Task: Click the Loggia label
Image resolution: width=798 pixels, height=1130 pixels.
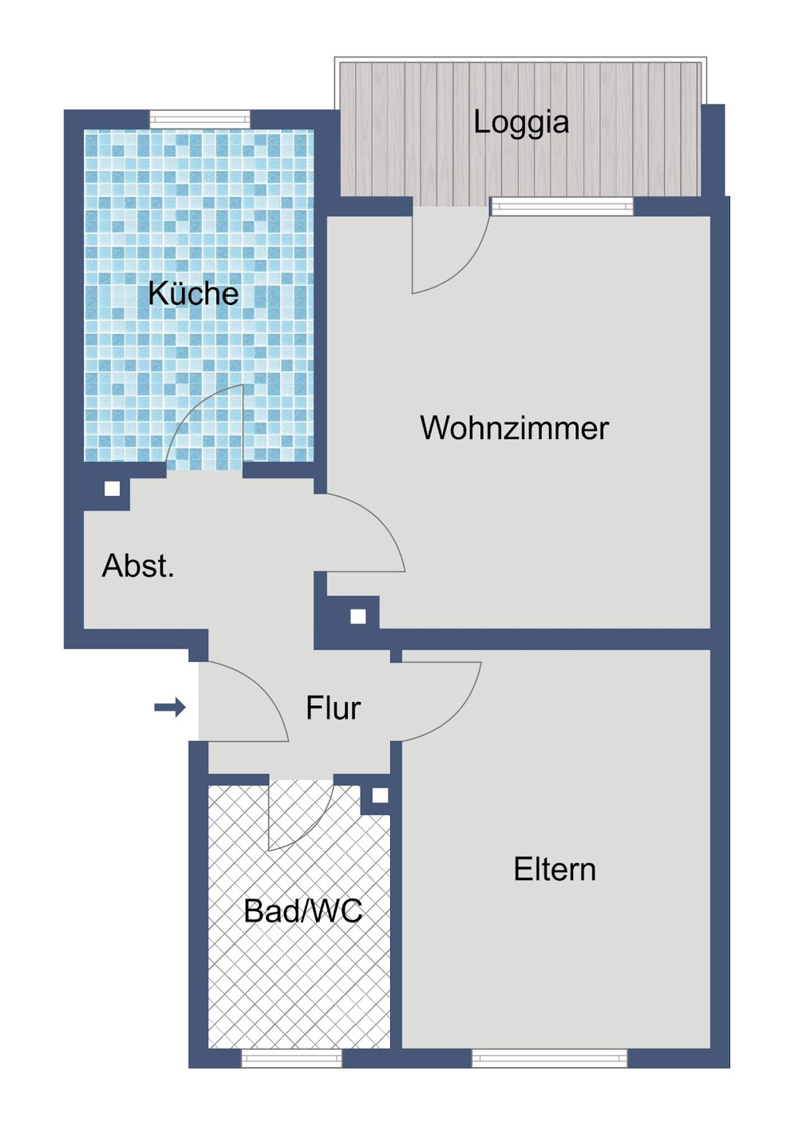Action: tap(521, 122)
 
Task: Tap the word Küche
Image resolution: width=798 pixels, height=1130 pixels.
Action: tap(193, 294)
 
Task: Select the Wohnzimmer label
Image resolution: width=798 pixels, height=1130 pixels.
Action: tap(514, 428)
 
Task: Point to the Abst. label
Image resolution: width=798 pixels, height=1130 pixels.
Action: tap(138, 566)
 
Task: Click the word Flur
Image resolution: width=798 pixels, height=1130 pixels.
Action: tap(333, 708)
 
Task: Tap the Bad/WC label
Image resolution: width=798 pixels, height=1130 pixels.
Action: tap(302, 911)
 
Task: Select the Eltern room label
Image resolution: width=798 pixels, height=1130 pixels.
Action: tap(555, 870)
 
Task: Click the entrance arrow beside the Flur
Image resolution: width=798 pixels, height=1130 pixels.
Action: tap(170, 707)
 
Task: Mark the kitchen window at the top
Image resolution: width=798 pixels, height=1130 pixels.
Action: tap(199, 120)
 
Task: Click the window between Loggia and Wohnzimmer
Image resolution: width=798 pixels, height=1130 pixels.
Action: tap(562, 207)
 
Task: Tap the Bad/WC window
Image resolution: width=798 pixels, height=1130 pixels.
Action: tap(291, 1059)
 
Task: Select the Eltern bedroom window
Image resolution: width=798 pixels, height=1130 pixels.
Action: tap(549, 1059)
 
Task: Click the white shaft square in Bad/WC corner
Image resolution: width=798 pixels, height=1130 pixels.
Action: tap(380, 795)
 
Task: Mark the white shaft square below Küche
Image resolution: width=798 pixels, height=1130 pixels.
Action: tap(113, 488)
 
